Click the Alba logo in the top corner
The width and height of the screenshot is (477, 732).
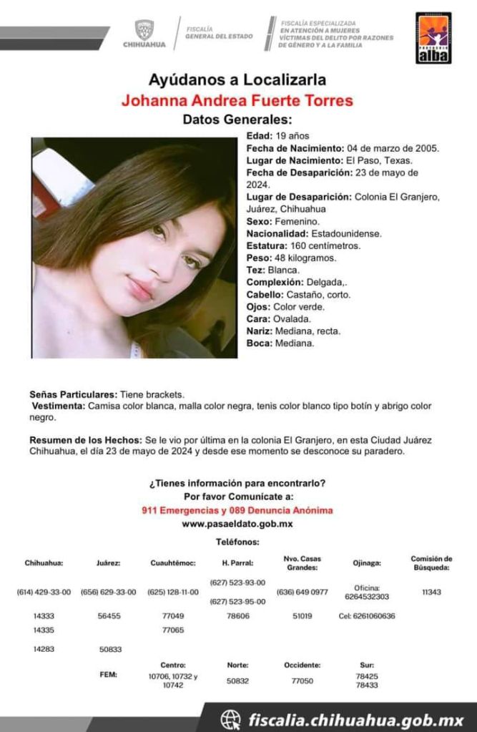tap(433, 37)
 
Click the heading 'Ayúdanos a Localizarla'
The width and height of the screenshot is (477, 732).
tap(237, 79)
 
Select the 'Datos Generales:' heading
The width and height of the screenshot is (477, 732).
tap(237, 119)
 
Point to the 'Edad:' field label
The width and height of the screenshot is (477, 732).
tap(258, 136)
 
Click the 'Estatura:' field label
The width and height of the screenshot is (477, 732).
tap(269, 245)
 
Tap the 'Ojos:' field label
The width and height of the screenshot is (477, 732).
tap(257, 307)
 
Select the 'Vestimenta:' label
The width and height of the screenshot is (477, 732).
tap(59, 406)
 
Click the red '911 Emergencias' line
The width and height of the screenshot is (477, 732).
tap(237, 510)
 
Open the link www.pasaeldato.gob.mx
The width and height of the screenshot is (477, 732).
tap(237, 524)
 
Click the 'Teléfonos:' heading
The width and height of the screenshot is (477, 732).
tap(237, 543)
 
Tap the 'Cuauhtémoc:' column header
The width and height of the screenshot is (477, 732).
tap(172, 563)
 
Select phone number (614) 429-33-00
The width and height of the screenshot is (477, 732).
tap(44, 592)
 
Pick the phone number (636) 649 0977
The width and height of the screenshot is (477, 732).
tap(302, 592)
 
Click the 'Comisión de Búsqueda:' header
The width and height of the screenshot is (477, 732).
tap(431, 563)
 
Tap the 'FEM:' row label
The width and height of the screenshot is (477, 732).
tap(108, 674)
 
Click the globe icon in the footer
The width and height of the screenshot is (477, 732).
tap(230, 718)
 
